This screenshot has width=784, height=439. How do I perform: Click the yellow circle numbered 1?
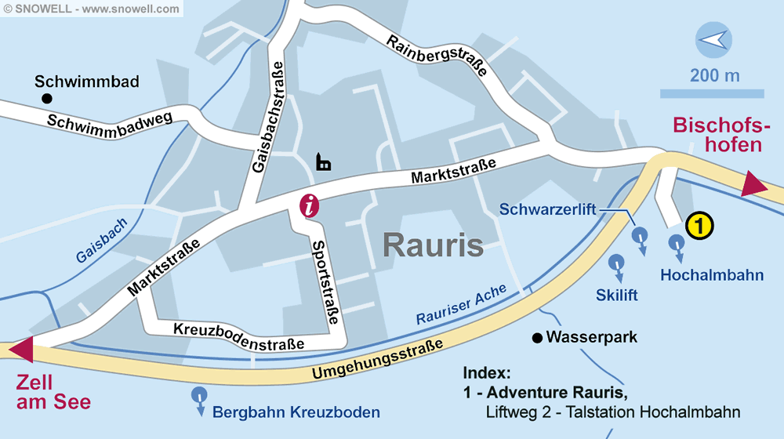coord(699,226)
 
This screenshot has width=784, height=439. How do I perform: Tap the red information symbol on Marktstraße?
coord(311,206)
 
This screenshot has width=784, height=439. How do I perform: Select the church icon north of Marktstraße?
coord(323,162)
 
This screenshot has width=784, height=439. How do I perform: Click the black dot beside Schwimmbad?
coord(47,98)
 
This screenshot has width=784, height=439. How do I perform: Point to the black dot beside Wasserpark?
coord(536,339)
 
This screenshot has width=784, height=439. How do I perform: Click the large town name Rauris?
coord(433,245)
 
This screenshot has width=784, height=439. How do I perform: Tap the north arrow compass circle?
coord(714,40)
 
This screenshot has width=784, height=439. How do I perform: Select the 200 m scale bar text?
coord(714,76)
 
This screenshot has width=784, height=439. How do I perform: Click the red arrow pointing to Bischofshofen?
coord(754,185)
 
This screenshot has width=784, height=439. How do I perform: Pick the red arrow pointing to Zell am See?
coord(20,349)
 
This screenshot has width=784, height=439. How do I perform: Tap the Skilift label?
coord(616,295)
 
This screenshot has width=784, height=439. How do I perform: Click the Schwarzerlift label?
coord(548,209)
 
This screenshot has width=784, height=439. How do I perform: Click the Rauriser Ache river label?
coord(461,305)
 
